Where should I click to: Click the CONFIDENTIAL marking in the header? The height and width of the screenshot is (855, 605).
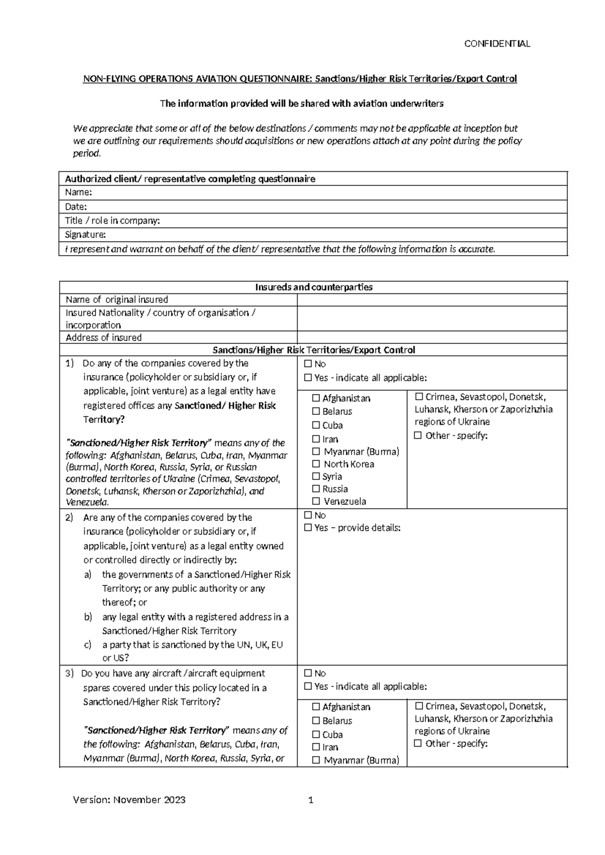click(497, 44)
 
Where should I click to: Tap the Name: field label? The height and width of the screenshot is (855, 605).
click(78, 193)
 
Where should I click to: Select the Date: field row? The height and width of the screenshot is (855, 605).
click(313, 207)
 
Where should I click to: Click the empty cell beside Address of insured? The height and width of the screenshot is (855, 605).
click(432, 338)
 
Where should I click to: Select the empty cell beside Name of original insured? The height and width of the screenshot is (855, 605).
click(432, 300)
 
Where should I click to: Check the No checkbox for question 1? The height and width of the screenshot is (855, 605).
click(308, 364)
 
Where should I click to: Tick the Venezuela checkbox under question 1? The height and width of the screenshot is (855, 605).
click(316, 502)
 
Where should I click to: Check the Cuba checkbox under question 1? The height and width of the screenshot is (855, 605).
click(316, 425)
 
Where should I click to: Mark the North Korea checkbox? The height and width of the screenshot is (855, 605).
click(316, 464)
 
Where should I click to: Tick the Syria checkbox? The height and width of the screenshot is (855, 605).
click(316, 476)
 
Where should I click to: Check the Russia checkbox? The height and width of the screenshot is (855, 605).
click(316, 489)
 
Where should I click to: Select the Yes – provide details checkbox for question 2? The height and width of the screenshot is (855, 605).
click(308, 528)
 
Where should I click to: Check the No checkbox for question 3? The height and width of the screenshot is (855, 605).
click(308, 674)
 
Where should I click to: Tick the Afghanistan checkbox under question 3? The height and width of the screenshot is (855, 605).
click(316, 707)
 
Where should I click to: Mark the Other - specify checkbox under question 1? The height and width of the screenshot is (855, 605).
click(418, 436)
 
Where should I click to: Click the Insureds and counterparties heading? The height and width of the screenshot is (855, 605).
click(314, 287)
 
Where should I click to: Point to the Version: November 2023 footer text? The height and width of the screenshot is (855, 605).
click(129, 800)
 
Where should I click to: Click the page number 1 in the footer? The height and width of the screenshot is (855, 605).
click(311, 800)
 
